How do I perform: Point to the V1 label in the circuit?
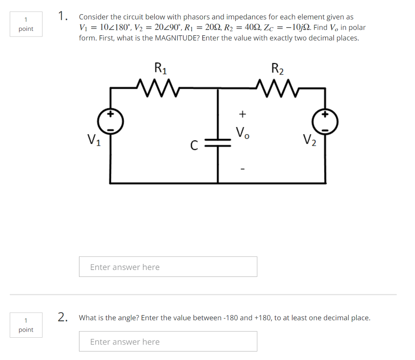click(94, 140)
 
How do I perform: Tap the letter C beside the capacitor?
click(194, 145)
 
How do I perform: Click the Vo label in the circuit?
click(242, 133)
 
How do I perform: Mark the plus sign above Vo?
click(242, 114)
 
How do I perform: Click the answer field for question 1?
click(168, 267)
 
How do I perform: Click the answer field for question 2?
click(168, 341)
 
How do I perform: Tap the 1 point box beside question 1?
click(26, 24)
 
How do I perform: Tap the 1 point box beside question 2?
click(26, 325)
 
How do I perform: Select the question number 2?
click(62, 317)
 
